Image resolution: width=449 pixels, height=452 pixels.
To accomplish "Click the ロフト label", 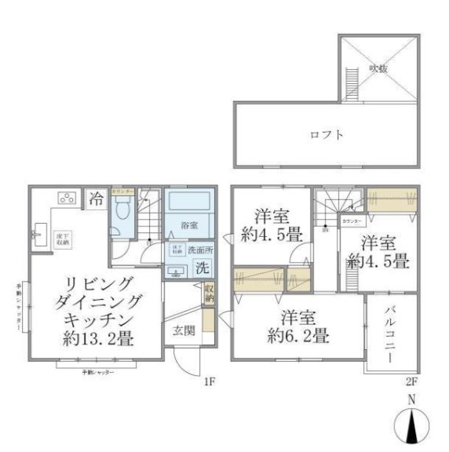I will (x=327, y=134).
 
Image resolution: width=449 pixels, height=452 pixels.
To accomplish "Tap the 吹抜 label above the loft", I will (x=378, y=69).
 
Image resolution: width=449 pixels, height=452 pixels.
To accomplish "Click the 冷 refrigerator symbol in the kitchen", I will (x=96, y=199).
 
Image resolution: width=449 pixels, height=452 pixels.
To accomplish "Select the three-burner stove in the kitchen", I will (x=65, y=198).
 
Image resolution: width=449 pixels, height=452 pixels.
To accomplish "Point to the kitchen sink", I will (x=39, y=233).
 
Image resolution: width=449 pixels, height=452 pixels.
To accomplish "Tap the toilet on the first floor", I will (x=122, y=211).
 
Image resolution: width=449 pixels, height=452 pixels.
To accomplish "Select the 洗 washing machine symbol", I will (x=201, y=268).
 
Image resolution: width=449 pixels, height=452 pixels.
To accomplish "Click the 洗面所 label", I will (x=199, y=250).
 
